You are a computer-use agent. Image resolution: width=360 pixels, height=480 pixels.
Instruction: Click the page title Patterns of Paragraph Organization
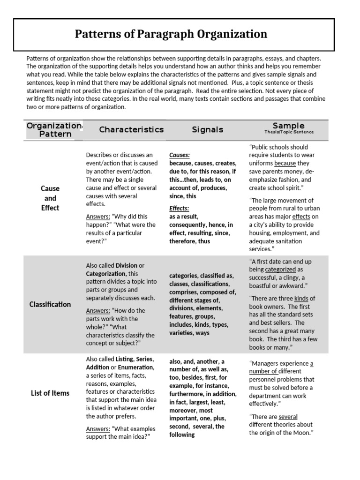coord(171,34)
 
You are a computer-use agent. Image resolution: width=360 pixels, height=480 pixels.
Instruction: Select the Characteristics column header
coord(131,129)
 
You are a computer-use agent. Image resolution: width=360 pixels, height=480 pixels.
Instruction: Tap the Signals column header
coord(207,129)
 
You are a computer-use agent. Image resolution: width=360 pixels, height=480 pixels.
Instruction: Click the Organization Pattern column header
coord(54,130)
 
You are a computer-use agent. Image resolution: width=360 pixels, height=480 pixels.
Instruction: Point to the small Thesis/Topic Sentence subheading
coord(288,132)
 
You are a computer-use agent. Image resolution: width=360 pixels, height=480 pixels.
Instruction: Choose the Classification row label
coord(50,304)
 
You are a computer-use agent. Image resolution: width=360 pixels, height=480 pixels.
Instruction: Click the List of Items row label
coord(50,393)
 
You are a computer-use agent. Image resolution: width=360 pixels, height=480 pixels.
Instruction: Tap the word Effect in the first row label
coord(50,208)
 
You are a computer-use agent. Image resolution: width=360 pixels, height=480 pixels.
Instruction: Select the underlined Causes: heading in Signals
coord(179,155)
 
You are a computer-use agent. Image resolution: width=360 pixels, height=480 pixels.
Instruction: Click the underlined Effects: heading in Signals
coord(179,208)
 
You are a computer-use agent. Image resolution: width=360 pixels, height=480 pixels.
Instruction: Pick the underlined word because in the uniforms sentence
coord(285,164)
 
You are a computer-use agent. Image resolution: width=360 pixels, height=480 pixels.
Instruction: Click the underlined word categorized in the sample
coord(280,270)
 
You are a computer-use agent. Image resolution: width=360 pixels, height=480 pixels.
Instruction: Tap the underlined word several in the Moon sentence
coord(288,417)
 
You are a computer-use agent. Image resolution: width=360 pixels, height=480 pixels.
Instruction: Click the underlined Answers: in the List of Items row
coord(97,428)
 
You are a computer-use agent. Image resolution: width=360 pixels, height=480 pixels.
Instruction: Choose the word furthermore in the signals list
coord(187,394)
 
